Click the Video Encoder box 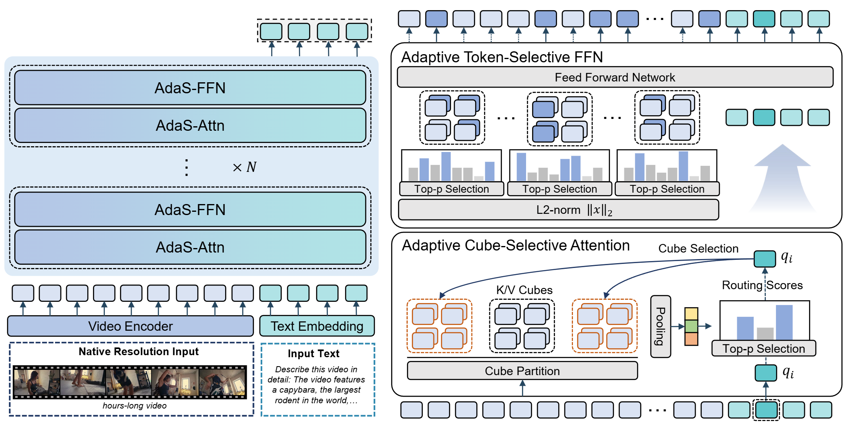point(130,326)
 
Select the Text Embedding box point(317,326)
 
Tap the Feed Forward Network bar point(615,77)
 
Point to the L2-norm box point(558,210)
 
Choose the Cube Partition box point(522,371)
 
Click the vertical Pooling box point(660,326)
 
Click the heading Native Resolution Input point(139,352)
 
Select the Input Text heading point(313,354)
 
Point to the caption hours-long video point(135,406)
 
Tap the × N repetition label point(244,167)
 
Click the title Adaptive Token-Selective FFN point(502,57)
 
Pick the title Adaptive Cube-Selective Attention point(516,245)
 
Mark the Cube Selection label point(698,248)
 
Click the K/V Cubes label point(524,290)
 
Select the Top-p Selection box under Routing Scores point(763,349)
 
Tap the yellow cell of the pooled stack point(691,314)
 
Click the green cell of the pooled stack point(691,326)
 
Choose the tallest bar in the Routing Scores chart point(784,322)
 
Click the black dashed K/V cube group point(522,326)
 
